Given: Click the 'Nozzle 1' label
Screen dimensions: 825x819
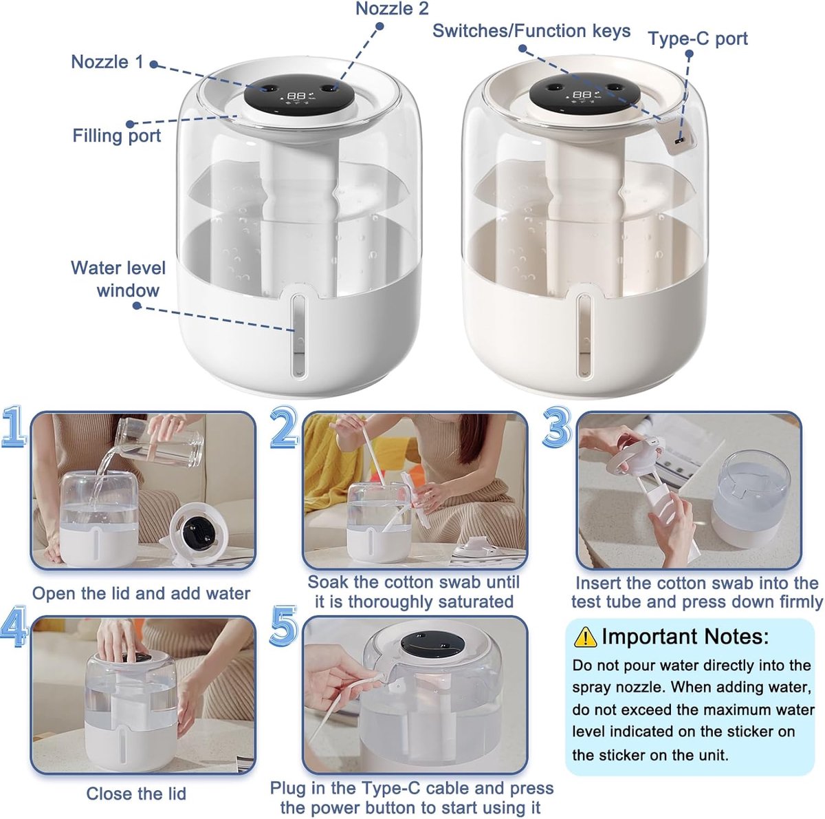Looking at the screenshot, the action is click(x=107, y=62).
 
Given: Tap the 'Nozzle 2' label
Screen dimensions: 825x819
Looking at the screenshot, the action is click(x=392, y=9).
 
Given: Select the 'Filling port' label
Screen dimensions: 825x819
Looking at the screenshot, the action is click(x=116, y=136).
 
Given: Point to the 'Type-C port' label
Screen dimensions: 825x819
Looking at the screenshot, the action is click(x=698, y=39).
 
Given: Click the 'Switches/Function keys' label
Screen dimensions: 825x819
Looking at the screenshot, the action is click(x=531, y=31).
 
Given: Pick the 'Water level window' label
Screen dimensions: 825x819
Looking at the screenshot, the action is click(x=118, y=279).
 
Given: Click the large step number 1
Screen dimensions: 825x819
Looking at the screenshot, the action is click(x=13, y=427).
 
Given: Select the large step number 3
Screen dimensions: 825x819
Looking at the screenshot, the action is click(x=557, y=427).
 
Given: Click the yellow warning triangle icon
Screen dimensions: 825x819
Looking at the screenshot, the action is click(x=585, y=637).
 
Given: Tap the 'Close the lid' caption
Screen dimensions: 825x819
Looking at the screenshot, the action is click(x=136, y=782).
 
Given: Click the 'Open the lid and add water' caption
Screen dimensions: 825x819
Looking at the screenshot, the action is click(x=141, y=593).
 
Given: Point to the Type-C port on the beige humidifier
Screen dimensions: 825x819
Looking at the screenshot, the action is click(x=678, y=140).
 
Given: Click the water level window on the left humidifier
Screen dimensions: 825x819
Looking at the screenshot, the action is click(x=299, y=334).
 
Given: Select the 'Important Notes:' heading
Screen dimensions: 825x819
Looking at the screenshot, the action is click(x=685, y=637).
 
